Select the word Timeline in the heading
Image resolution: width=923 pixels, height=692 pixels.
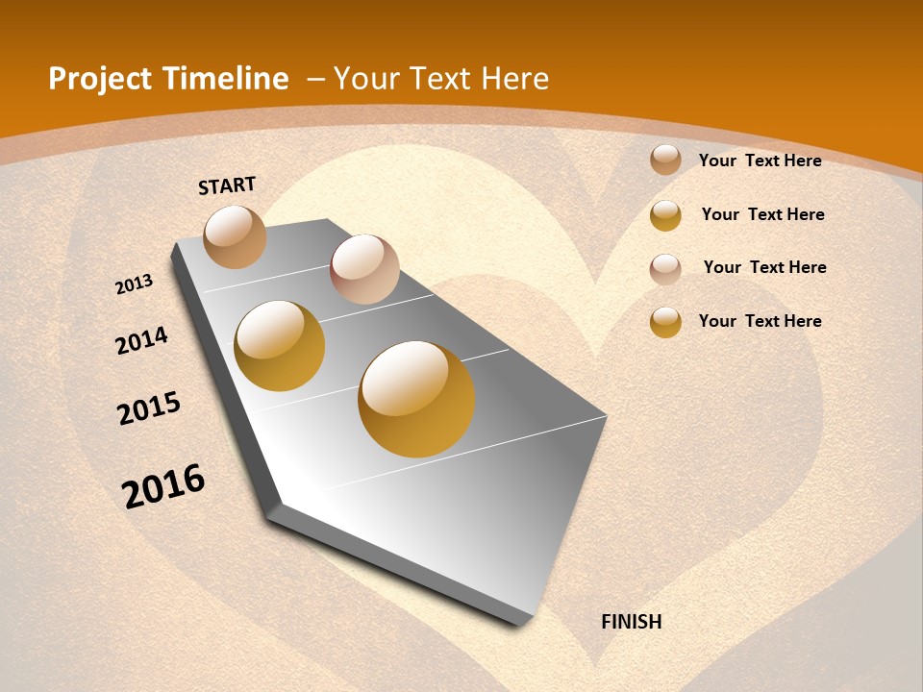point(226,79)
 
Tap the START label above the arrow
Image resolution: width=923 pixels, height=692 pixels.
point(227,185)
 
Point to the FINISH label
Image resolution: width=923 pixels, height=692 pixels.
point(631,622)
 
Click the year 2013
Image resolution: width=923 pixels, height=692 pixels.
point(135,284)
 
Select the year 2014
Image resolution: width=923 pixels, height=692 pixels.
point(141,340)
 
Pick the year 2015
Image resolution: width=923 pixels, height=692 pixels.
point(149,408)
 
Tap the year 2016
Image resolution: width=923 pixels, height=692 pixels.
point(163,485)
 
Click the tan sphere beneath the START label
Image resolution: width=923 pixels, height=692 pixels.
point(235,236)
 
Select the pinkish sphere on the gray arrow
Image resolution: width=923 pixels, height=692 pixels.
point(364,269)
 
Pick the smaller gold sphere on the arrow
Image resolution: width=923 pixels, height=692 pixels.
point(280,346)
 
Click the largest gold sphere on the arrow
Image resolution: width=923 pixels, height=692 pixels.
point(416,399)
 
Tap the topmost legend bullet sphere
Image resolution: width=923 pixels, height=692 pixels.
point(665,161)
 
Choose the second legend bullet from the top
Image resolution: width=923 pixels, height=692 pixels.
point(665,215)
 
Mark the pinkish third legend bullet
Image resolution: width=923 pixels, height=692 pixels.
point(665,268)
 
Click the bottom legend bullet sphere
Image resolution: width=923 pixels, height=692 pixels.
point(665,322)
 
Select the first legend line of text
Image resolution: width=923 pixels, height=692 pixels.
point(760,161)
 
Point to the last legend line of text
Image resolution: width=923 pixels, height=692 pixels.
point(760,321)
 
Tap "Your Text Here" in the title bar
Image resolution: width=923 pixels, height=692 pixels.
point(441,79)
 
